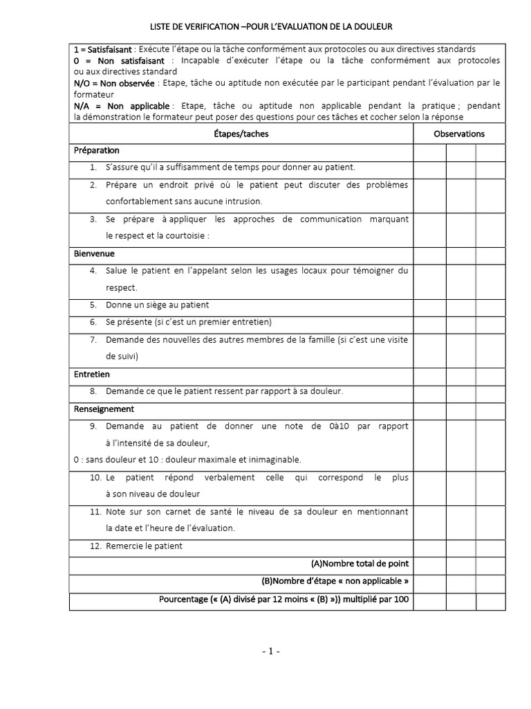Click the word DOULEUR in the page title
373,27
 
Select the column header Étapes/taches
242,134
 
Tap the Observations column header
459,134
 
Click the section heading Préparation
97,150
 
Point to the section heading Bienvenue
95,253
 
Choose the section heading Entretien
92,374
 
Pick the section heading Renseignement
104,409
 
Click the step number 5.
93,305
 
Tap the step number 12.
95,546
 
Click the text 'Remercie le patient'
144,546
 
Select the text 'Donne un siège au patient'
157,305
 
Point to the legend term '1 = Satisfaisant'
102,50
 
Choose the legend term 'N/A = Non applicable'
121,106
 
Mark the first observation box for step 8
429,391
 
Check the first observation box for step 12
429,546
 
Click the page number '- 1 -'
270,651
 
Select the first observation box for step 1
429,168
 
